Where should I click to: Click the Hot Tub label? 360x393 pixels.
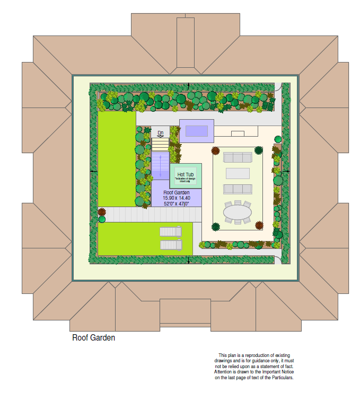(x=185, y=174)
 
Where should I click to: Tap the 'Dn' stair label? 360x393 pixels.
(x=160, y=133)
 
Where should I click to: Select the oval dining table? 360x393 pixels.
(x=238, y=213)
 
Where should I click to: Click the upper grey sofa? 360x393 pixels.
(x=238, y=157)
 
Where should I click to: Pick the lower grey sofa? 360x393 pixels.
(x=238, y=189)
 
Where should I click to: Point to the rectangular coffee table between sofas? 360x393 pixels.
(x=238, y=173)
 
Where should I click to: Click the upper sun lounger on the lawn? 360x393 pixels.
(x=171, y=231)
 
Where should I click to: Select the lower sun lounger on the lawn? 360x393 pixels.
(x=171, y=245)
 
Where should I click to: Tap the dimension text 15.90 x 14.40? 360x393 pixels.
(x=176, y=198)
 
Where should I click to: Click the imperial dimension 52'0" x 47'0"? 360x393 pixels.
(x=176, y=204)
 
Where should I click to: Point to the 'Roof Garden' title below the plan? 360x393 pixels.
(x=93, y=337)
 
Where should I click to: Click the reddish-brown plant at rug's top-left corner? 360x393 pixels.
(x=216, y=150)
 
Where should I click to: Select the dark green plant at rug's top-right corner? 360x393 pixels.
(x=259, y=150)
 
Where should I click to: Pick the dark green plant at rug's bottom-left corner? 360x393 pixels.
(x=216, y=227)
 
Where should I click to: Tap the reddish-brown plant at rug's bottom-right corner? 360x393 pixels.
(x=259, y=225)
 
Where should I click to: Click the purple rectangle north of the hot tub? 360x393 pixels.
(x=196, y=131)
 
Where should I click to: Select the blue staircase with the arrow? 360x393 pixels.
(x=160, y=165)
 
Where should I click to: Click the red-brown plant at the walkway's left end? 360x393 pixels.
(x=101, y=212)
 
